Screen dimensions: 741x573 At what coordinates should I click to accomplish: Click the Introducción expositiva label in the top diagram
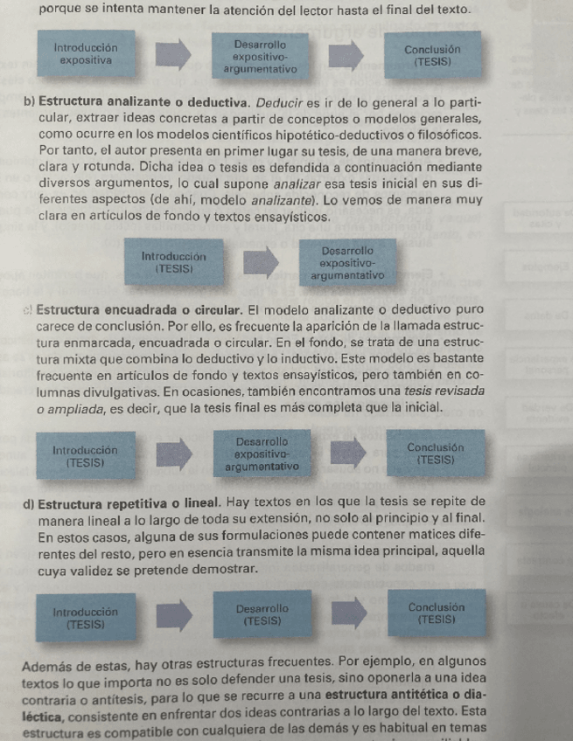(86, 53)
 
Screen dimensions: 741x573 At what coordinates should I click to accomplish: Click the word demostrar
(206, 569)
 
